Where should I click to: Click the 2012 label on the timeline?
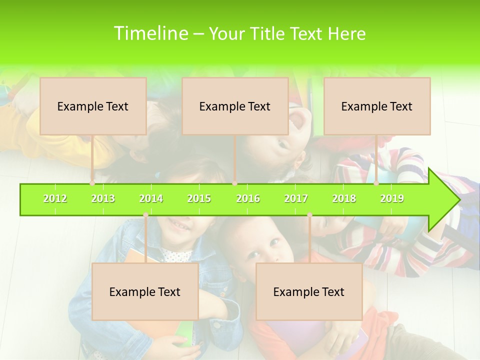tap(55, 198)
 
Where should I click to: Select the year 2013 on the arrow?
tap(103, 198)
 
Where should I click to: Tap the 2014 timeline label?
tap(151, 198)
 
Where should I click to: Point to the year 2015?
tap(199, 198)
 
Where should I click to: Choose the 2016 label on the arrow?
tap(248, 198)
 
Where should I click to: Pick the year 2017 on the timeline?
tap(296, 198)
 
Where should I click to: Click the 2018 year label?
tap(344, 198)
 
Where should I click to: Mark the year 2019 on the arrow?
tap(392, 198)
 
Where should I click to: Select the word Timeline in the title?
tap(150, 33)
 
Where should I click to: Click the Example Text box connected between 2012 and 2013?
tap(93, 106)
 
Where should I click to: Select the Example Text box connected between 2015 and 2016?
tap(235, 106)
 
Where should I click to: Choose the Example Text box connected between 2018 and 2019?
tap(377, 106)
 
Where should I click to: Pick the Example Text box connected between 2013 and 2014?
tap(145, 291)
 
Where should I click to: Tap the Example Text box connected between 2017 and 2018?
tap(309, 291)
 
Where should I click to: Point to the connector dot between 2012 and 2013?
tap(92, 183)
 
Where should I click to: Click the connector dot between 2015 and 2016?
tap(235, 183)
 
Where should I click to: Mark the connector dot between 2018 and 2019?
tap(376, 183)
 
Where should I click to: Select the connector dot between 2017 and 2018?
tap(309, 215)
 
